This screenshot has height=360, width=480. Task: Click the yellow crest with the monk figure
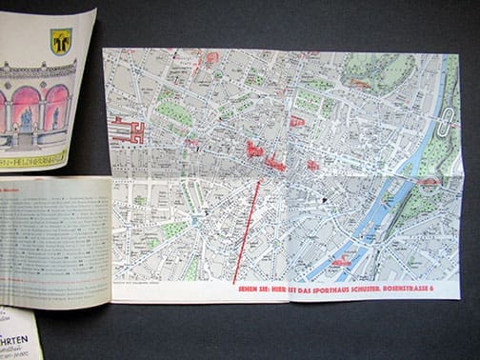61,41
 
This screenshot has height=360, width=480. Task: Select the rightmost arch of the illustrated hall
56,105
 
